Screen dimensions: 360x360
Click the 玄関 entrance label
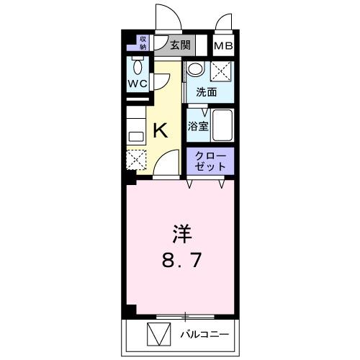(180, 45)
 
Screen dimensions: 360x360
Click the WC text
(138, 84)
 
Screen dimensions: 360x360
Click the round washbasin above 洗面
(195, 70)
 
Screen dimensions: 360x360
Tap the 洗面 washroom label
(207, 92)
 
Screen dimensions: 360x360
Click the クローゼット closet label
(211, 161)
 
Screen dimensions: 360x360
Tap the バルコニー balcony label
(204, 335)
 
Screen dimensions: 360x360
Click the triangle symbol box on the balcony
(156, 335)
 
